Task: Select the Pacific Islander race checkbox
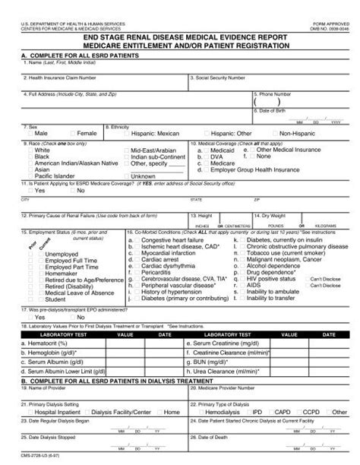click(29, 176)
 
